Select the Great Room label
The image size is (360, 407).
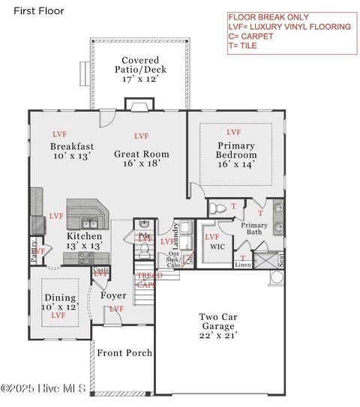[x=141, y=158]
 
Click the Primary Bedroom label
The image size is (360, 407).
[x=236, y=154]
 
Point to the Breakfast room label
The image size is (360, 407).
[x=72, y=151]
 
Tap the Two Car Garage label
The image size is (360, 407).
[x=219, y=322]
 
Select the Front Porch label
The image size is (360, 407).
[x=124, y=353]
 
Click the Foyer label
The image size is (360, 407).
[x=113, y=295]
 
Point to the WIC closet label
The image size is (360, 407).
[x=217, y=246]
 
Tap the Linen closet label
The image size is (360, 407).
[x=243, y=265]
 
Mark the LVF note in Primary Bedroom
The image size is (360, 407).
[x=233, y=132]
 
